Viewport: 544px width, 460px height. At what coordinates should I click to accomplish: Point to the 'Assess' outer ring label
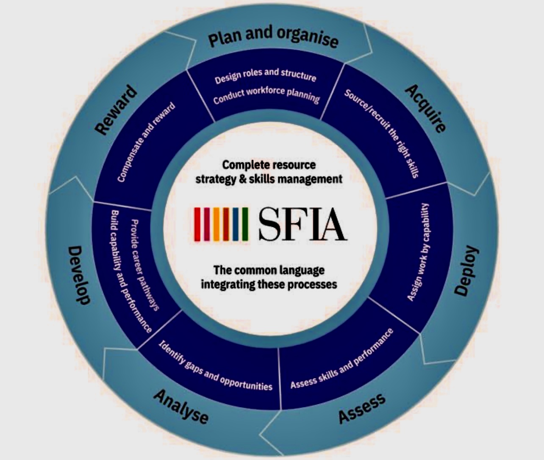click(x=362, y=408)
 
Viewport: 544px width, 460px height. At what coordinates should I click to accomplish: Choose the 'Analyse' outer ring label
click(x=181, y=407)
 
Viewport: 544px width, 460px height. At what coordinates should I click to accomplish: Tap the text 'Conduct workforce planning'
click(x=266, y=95)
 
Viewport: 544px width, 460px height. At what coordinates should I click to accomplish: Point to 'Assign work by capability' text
click(x=418, y=252)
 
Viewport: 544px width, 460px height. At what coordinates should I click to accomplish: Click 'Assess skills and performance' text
click(x=342, y=359)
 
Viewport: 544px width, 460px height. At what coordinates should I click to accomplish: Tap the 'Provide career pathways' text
click(x=145, y=265)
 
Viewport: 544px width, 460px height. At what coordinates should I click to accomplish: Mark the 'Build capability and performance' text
click(x=131, y=271)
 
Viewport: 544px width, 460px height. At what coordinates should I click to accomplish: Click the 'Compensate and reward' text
click(x=146, y=142)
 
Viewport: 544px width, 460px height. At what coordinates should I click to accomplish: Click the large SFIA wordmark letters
click(x=303, y=224)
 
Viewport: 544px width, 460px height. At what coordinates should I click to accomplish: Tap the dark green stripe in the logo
click(x=245, y=224)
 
